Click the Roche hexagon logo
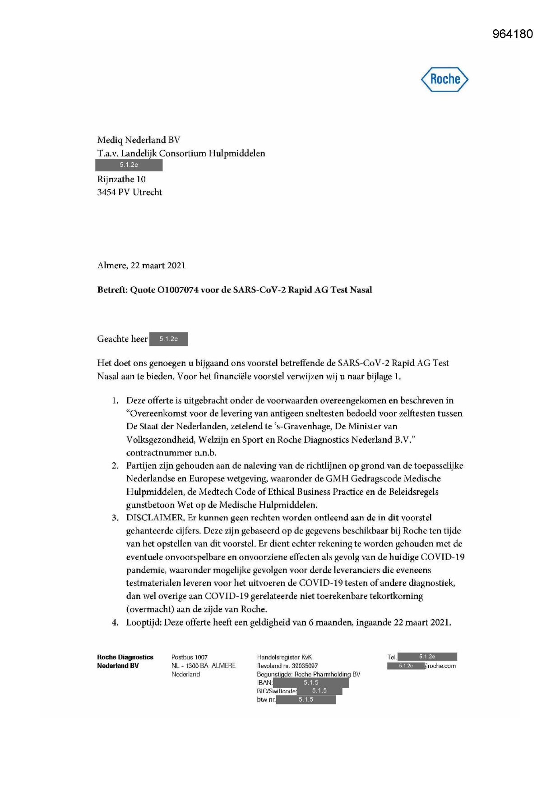[x=444, y=79]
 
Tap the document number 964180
[x=513, y=34]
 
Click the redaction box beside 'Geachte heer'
[x=168, y=339]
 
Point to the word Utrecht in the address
[x=148, y=192]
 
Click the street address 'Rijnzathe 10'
[x=121, y=179]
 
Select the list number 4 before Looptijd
[x=115, y=622]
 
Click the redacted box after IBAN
[x=311, y=683]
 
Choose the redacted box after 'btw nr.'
[x=305, y=699]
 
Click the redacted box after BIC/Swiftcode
[x=319, y=691]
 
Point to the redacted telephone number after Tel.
[x=427, y=657]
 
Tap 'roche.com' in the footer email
[x=441, y=666]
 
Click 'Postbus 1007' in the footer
[x=190, y=657]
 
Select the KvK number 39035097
[x=305, y=666]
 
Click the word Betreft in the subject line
[x=112, y=290]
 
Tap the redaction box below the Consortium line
[x=129, y=165]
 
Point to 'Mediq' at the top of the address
[x=110, y=140]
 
